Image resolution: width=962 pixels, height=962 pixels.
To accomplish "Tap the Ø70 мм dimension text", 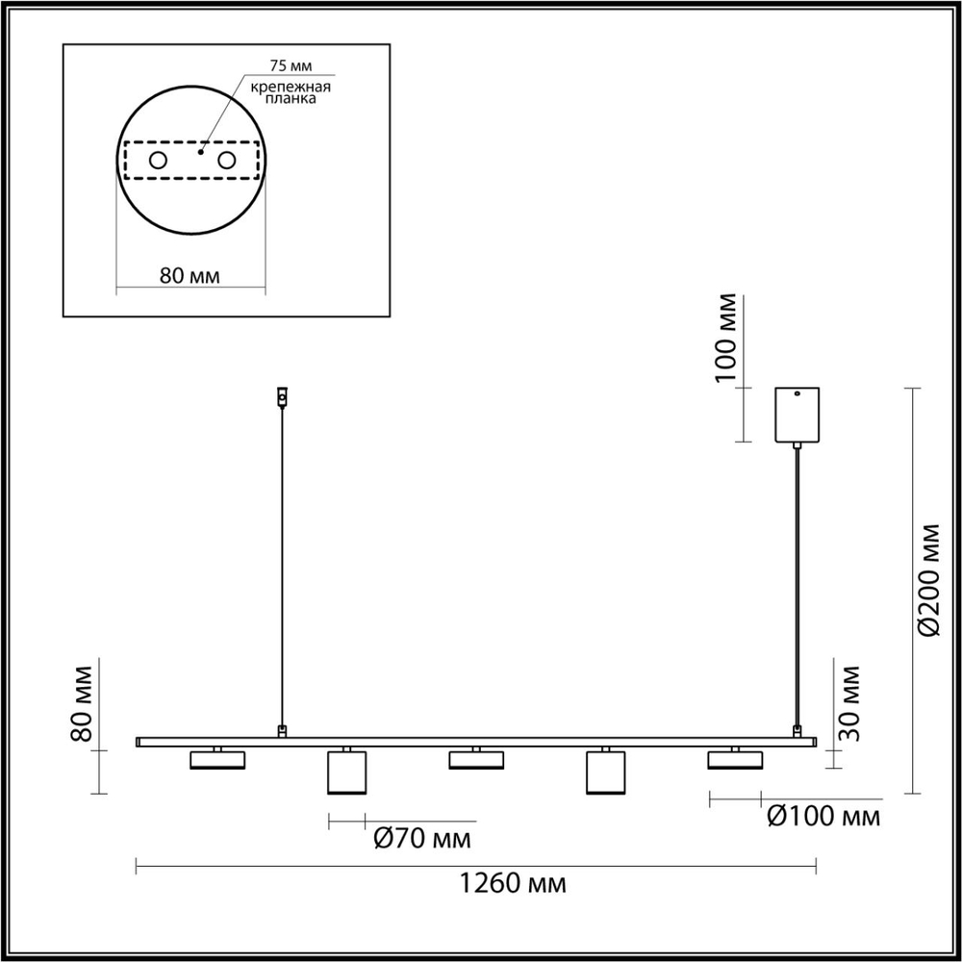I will pos(422,839).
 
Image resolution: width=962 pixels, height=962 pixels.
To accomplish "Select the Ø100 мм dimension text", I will pos(823,817).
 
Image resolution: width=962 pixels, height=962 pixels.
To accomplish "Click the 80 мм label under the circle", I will pos(190,276).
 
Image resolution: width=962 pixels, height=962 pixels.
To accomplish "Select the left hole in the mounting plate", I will pos(156,161).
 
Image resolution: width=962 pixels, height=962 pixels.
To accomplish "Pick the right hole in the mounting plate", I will pos(227,161).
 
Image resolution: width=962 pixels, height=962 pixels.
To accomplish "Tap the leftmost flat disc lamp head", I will pos(218,760).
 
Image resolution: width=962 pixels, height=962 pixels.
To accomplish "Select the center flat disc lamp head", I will pos(476,760).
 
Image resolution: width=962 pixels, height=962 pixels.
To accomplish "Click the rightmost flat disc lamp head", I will pos(735,760).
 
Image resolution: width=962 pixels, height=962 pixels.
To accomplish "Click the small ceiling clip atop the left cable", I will pos(281,395).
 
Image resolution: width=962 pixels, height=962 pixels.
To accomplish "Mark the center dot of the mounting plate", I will pos(200,151).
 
